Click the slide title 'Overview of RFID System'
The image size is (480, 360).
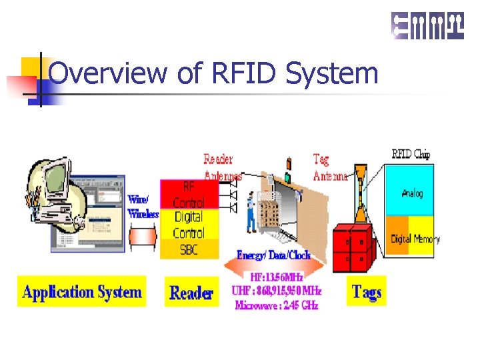point(213,73)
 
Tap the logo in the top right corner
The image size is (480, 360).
point(427,26)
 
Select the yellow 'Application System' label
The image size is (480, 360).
point(81,292)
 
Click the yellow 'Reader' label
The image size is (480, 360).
point(191,293)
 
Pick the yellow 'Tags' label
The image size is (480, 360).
point(366,292)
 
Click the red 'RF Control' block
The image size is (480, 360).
point(189,194)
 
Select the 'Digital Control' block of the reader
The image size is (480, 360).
point(189,225)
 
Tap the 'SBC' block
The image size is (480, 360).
point(189,249)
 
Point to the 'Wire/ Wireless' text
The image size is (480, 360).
point(143,206)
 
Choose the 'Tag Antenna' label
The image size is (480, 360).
point(330,168)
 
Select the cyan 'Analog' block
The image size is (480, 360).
point(411,193)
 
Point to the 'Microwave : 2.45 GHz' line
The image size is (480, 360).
point(277,306)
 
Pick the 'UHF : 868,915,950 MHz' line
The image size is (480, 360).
point(277,291)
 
